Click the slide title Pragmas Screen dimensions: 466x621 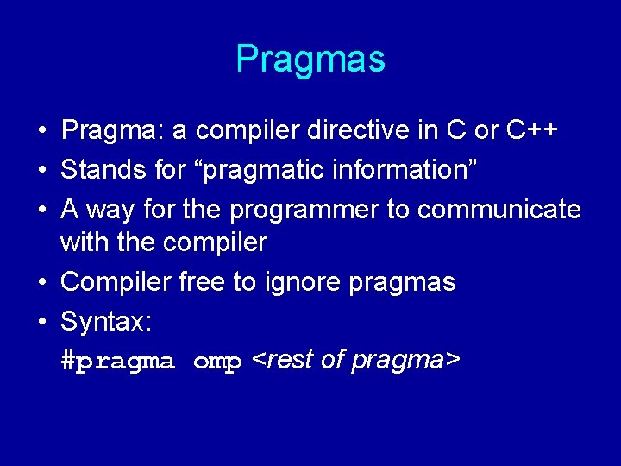pyautogui.click(x=310, y=60)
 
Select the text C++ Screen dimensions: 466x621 pyautogui.click(x=532, y=130)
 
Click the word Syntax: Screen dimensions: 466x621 pyautogui.click(x=106, y=322)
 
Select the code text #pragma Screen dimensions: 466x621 pyautogui.click(x=118, y=362)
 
